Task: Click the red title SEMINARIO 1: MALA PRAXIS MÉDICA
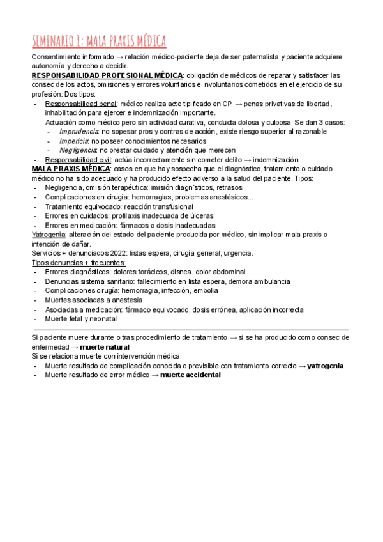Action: click(x=99, y=42)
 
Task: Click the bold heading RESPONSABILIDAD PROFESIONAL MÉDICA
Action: click(x=107, y=75)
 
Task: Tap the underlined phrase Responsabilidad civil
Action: click(x=79, y=159)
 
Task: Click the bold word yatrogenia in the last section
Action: click(x=325, y=366)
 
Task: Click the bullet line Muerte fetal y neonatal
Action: click(x=81, y=318)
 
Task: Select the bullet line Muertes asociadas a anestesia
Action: click(x=94, y=300)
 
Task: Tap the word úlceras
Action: click(x=199, y=216)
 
